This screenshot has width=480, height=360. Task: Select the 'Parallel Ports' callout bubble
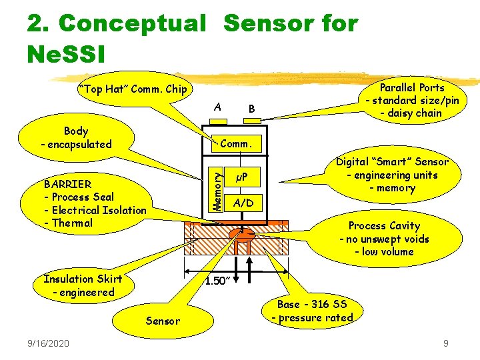tap(411, 100)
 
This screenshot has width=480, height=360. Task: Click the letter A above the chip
tap(218, 107)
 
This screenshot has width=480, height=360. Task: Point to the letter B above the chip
tap(251, 108)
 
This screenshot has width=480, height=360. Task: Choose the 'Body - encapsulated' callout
tap(76, 138)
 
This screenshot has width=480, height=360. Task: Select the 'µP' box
tap(242, 177)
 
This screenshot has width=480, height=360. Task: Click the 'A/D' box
tap(243, 203)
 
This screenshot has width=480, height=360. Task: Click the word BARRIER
tap(67, 183)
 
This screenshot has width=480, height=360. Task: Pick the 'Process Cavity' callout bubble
tap(384, 239)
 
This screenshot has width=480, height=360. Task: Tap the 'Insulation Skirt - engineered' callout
tap(79, 285)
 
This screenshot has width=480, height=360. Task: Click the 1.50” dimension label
tap(217, 281)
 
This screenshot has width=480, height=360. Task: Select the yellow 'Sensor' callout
tap(163, 321)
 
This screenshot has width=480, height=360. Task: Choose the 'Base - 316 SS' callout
tap(313, 311)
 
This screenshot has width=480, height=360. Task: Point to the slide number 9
tap(447, 343)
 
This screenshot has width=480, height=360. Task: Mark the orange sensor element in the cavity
tap(243, 234)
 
